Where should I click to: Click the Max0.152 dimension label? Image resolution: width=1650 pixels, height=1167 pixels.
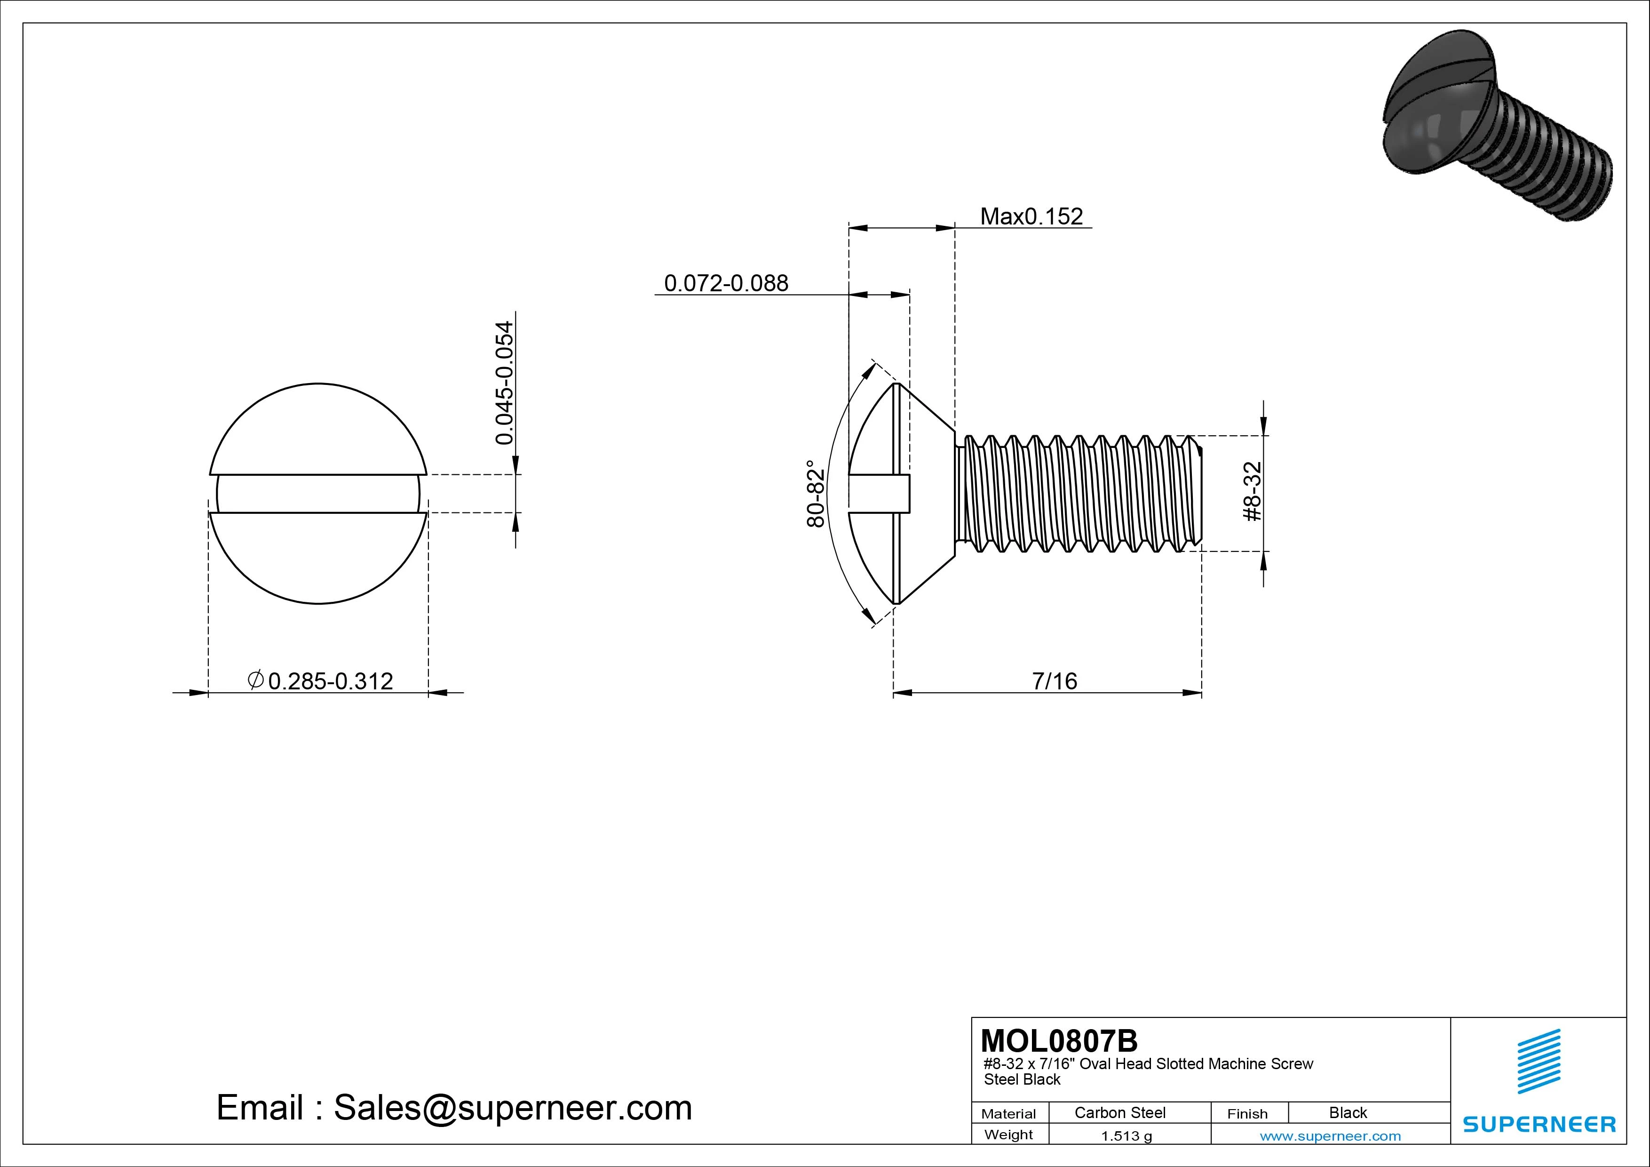click(1031, 216)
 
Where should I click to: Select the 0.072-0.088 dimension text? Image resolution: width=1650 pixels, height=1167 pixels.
click(726, 283)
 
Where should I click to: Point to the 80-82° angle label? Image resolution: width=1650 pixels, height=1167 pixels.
click(816, 494)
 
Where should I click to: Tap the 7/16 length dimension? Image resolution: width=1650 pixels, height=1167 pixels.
click(1054, 681)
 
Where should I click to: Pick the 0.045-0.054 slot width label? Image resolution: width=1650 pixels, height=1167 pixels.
click(505, 383)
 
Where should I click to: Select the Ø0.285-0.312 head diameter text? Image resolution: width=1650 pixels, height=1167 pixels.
click(320, 680)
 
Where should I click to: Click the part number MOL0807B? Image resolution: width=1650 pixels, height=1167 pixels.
click(1059, 1040)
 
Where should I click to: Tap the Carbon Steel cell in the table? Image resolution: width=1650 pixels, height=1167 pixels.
click(1119, 1112)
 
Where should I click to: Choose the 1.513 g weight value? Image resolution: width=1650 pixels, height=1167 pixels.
click(1126, 1136)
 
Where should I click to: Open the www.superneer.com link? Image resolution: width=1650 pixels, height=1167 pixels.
click(1330, 1136)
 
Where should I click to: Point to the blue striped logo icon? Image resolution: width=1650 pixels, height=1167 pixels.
click(1539, 1061)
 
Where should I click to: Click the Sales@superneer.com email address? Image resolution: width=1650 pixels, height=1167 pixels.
click(512, 1107)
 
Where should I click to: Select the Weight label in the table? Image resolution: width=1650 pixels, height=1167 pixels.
click(1008, 1135)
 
